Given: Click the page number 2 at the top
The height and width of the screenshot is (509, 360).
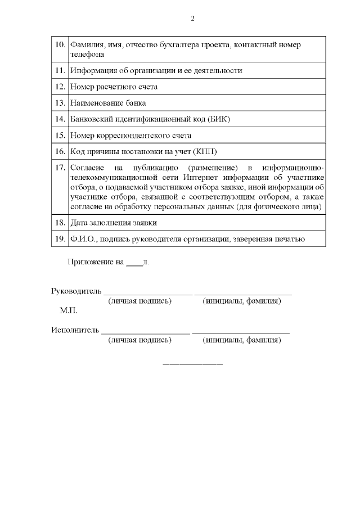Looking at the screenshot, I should click(192, 19).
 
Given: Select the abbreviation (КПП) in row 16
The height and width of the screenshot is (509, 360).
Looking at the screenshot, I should click(205, 152).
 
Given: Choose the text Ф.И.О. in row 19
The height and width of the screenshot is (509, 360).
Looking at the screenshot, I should click(82, 239).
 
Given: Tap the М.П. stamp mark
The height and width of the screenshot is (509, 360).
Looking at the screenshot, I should click(69, 310).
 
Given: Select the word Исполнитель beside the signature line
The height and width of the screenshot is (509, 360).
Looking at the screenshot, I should click(75, 330).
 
